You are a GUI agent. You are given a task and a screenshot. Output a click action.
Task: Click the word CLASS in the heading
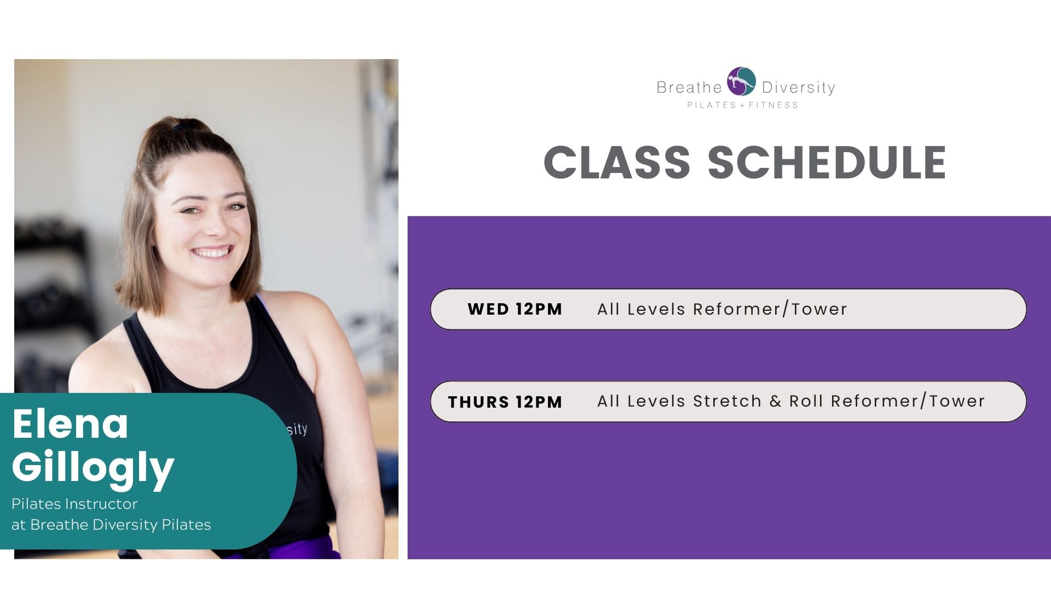pos(617,163)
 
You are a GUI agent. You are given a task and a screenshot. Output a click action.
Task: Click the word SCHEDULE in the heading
pos(827,163)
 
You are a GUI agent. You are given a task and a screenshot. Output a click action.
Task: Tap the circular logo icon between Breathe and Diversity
pos(741,82)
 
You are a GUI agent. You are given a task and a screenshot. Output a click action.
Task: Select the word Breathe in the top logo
pos(689,88)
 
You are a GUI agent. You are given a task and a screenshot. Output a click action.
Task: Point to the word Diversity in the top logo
pos(799,88)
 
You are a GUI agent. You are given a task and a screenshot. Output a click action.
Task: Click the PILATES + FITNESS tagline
pos(743,105)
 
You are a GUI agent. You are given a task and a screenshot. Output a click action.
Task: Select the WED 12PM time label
pos(515,309)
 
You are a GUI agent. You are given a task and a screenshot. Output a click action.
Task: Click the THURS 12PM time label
pos(505,402)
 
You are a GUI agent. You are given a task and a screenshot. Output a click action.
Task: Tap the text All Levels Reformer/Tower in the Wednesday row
pos(722,309)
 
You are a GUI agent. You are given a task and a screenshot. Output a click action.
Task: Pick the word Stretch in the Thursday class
pos(727,401)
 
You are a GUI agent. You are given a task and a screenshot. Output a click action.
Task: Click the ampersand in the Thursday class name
pos(775,402)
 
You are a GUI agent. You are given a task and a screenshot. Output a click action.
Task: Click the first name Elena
pos(70,424)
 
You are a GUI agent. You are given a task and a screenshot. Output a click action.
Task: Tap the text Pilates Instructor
pos(74,503)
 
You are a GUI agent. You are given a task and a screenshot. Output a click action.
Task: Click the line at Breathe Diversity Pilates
pos(111,525)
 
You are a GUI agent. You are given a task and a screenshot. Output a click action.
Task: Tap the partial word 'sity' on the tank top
pos(297,429)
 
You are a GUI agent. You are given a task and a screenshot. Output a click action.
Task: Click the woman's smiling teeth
pos(212,253)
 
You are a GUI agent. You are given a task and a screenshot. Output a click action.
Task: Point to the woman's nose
pos(216,224)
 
